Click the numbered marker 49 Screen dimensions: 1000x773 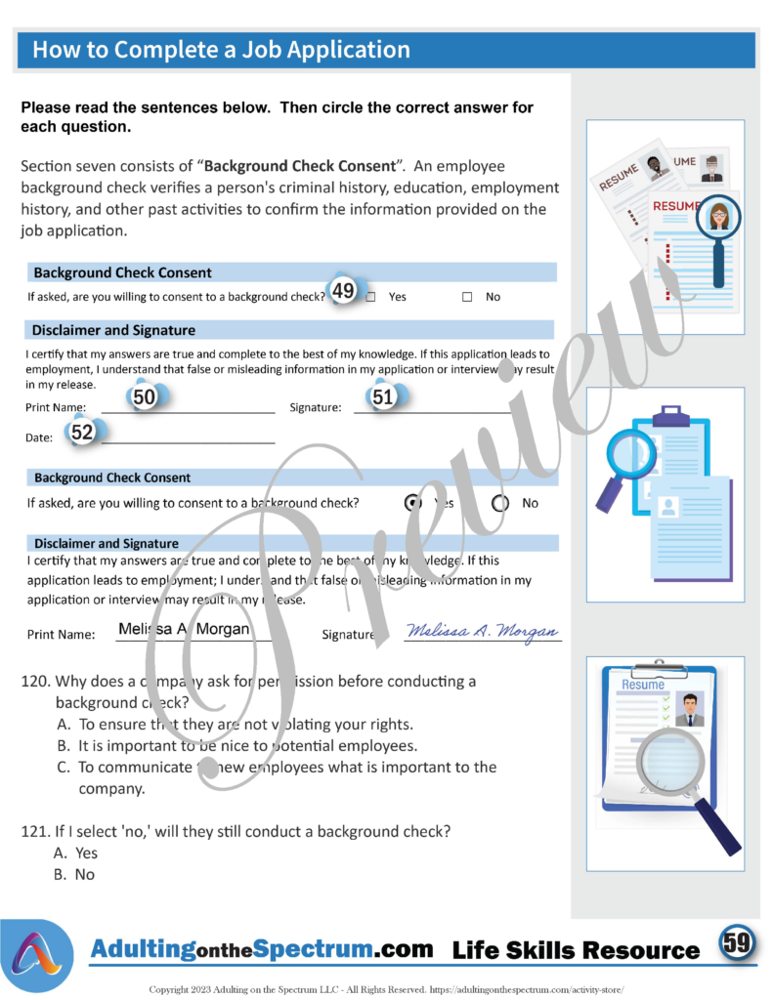[x=343, y=291]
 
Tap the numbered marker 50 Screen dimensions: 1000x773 [x=145, y=397]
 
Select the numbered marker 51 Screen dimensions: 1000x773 [x=382, y=397]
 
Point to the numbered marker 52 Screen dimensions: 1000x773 [x=83, y=432]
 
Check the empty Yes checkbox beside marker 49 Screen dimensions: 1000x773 [x=370, y=297]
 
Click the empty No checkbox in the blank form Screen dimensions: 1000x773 [x=467, y=297]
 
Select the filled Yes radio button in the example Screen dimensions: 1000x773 [x=413, y=503]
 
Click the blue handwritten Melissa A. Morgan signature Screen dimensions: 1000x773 [x=483, y=631]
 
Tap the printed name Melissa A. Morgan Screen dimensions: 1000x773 [x=184, y=630]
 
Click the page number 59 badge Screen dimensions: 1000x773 [x=736, y=943]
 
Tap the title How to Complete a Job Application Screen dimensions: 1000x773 [x=221, y=50]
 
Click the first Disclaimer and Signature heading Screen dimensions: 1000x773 [x=113, y=330]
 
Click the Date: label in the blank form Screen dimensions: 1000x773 [x=39, y=438]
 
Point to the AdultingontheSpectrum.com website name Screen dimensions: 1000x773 [x=262, y=948]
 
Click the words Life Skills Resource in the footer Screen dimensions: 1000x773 [x=577, y=950]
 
